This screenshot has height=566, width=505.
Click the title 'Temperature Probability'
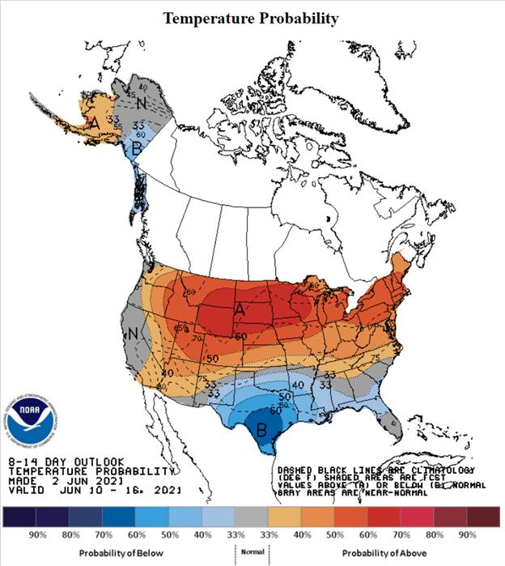(251, 18)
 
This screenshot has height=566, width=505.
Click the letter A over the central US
(240, 309)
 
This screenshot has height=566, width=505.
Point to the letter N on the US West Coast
(133, 332)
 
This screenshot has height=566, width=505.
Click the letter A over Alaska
(95, 123)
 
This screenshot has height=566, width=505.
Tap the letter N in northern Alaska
(142, 103)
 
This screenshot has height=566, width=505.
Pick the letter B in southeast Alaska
(138, 147)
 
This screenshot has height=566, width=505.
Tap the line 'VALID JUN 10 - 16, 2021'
(95, 490)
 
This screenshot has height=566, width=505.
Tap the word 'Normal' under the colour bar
(250, 551)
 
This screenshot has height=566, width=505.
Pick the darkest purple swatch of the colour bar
(19, 517)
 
